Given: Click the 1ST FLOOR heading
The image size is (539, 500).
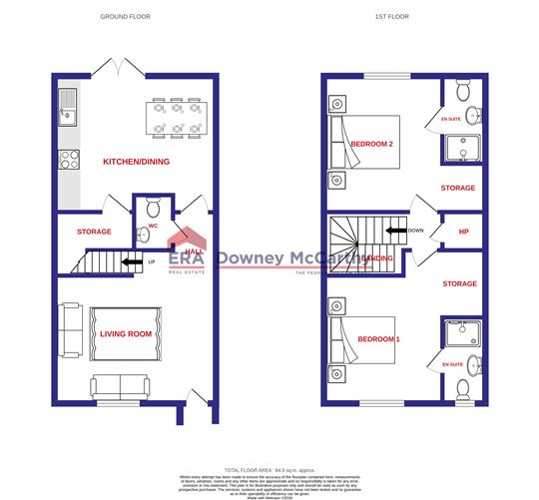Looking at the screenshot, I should [391, 17].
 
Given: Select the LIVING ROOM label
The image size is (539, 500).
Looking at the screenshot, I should [125, 333].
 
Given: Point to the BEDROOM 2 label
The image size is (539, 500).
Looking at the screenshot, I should [372, 145].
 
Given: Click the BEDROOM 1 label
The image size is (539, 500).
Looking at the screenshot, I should [378, 339].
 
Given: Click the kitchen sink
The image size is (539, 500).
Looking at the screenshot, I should [68, 106].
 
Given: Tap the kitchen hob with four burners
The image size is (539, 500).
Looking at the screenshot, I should [69, 158].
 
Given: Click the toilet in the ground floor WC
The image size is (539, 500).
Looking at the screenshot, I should [152, 210].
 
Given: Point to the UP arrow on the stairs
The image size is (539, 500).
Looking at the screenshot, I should [130, 263].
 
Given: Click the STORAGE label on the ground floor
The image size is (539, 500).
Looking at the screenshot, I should [93, 233].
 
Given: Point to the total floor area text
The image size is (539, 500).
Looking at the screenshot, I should [269, 468].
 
